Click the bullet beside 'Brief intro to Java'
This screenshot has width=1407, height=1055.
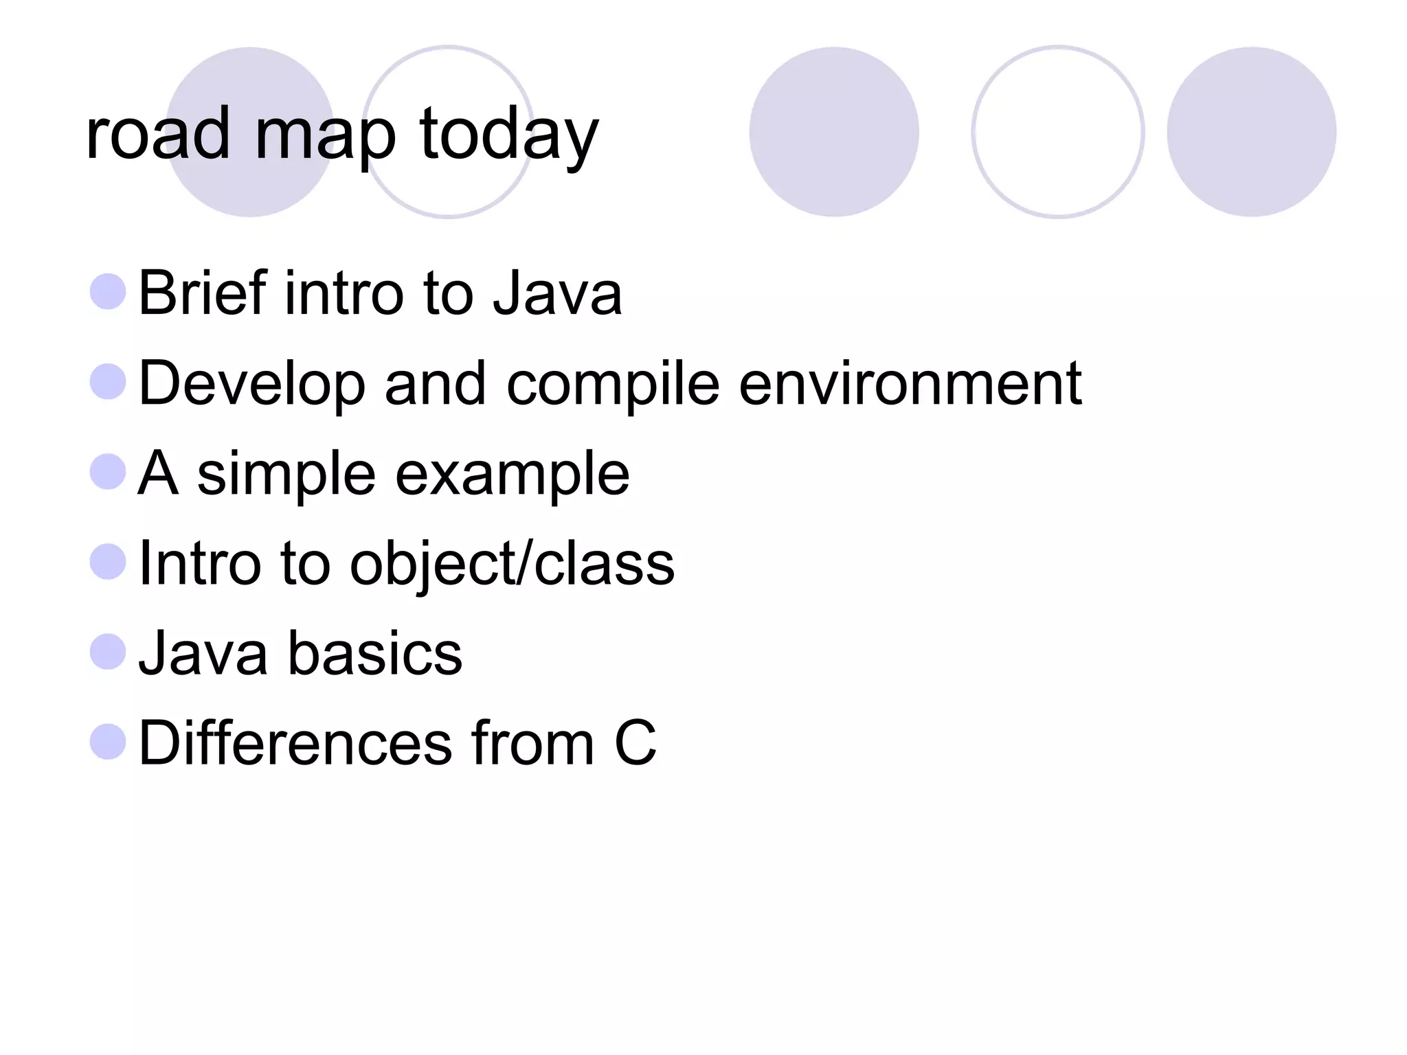click(108, 291)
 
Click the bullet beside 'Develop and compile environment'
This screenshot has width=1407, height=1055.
click(108, 381)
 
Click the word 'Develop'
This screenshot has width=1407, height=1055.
click(251, 385)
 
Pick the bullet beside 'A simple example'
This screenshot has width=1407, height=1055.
click(108, 471)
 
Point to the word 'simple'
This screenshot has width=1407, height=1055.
click(286, 475)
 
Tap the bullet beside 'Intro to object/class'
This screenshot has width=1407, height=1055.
click(108, 561)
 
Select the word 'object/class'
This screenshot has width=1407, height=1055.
click(512, 565)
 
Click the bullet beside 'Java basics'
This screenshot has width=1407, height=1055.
click(108, 651)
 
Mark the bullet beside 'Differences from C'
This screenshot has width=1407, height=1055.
click(108, 742)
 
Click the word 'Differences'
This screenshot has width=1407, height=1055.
click(295, 743)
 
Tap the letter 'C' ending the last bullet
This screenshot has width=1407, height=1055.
click(635, 743)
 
